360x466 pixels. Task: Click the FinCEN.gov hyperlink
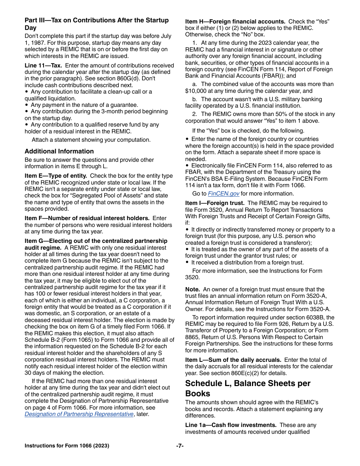point(224,194)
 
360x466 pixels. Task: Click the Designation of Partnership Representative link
point(79,414)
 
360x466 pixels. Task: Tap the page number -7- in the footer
point(180,446)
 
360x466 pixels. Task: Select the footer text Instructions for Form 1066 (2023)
point(67,446)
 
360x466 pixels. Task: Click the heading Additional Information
point(59,151)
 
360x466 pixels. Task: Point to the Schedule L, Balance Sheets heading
point(247,388)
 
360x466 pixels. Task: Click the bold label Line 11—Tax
point(43,66)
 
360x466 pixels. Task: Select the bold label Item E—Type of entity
point(56,176)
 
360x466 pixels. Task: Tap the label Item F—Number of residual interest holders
point(87,218)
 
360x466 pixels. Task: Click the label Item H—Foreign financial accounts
point(235,22)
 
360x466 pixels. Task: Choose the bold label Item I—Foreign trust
point(214,203)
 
